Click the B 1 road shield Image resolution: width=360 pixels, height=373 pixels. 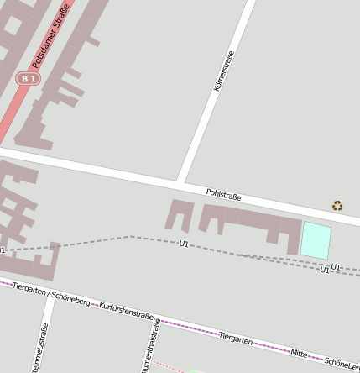tap(29, 78)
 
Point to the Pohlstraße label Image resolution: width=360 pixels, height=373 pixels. tap(224, 197)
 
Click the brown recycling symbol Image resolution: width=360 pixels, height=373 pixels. tap(337, 205)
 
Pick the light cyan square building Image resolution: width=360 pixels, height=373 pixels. tap(316, 240)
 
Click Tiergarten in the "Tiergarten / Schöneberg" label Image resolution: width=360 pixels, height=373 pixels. tap(29, 290)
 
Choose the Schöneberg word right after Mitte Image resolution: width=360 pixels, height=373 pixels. tap(342, 362)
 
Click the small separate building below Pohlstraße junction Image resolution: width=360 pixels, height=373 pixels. tap(180, 215)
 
